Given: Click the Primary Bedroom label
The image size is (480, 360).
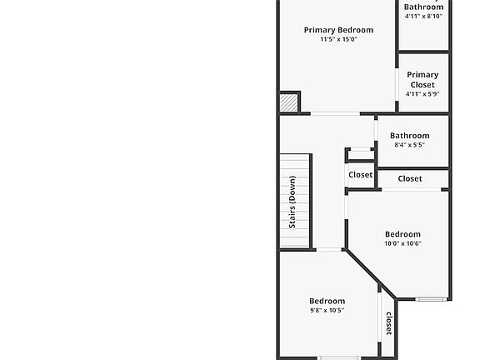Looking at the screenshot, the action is click(338, 30).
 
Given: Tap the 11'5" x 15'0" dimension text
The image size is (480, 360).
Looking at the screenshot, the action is click(338, 39).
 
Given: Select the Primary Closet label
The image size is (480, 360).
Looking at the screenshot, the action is click(422, 80).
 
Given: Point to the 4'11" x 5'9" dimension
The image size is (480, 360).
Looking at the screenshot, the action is click(422, 94).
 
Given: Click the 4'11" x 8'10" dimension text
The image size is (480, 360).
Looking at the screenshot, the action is click(423, 16).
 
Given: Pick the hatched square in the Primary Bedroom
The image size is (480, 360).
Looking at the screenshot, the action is click(288, 102).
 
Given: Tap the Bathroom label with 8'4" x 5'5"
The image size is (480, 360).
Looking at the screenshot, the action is click(410, 136).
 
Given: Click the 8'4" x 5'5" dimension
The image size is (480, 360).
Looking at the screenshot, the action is click(409, 145).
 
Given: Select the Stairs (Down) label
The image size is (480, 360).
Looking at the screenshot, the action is click(292, 202).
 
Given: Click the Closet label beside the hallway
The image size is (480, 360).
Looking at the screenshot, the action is click(361, 175).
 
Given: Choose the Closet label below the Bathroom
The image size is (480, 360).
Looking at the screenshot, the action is click(410, 178).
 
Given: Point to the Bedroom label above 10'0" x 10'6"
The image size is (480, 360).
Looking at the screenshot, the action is click(402, 234).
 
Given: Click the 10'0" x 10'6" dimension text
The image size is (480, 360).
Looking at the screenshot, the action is click(402, 243).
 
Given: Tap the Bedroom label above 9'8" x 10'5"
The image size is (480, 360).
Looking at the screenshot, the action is click(327, 301).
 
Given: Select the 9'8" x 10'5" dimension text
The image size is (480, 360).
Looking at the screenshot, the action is click(327, 310).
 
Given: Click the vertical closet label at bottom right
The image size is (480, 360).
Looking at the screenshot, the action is click(389, 323).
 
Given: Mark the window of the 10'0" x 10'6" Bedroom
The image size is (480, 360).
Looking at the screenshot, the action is click(432, 299).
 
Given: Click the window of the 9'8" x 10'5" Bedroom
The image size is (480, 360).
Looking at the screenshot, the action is click(338, 357).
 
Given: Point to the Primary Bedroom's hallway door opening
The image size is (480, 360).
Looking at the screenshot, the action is click(335, 113).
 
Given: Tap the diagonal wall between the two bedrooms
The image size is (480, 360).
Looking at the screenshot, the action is click(370, 273).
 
